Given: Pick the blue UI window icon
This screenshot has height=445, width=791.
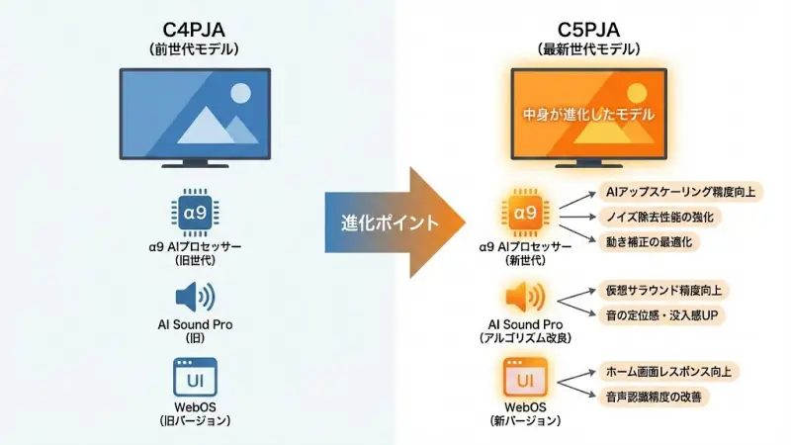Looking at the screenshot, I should [x=194, y=378].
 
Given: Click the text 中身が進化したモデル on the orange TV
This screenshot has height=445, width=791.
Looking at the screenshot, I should [x=588, y=115].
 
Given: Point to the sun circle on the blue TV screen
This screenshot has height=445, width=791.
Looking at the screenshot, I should [x=240, y=95].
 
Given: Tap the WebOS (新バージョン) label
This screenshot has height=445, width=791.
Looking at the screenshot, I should [x=524, y=413].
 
